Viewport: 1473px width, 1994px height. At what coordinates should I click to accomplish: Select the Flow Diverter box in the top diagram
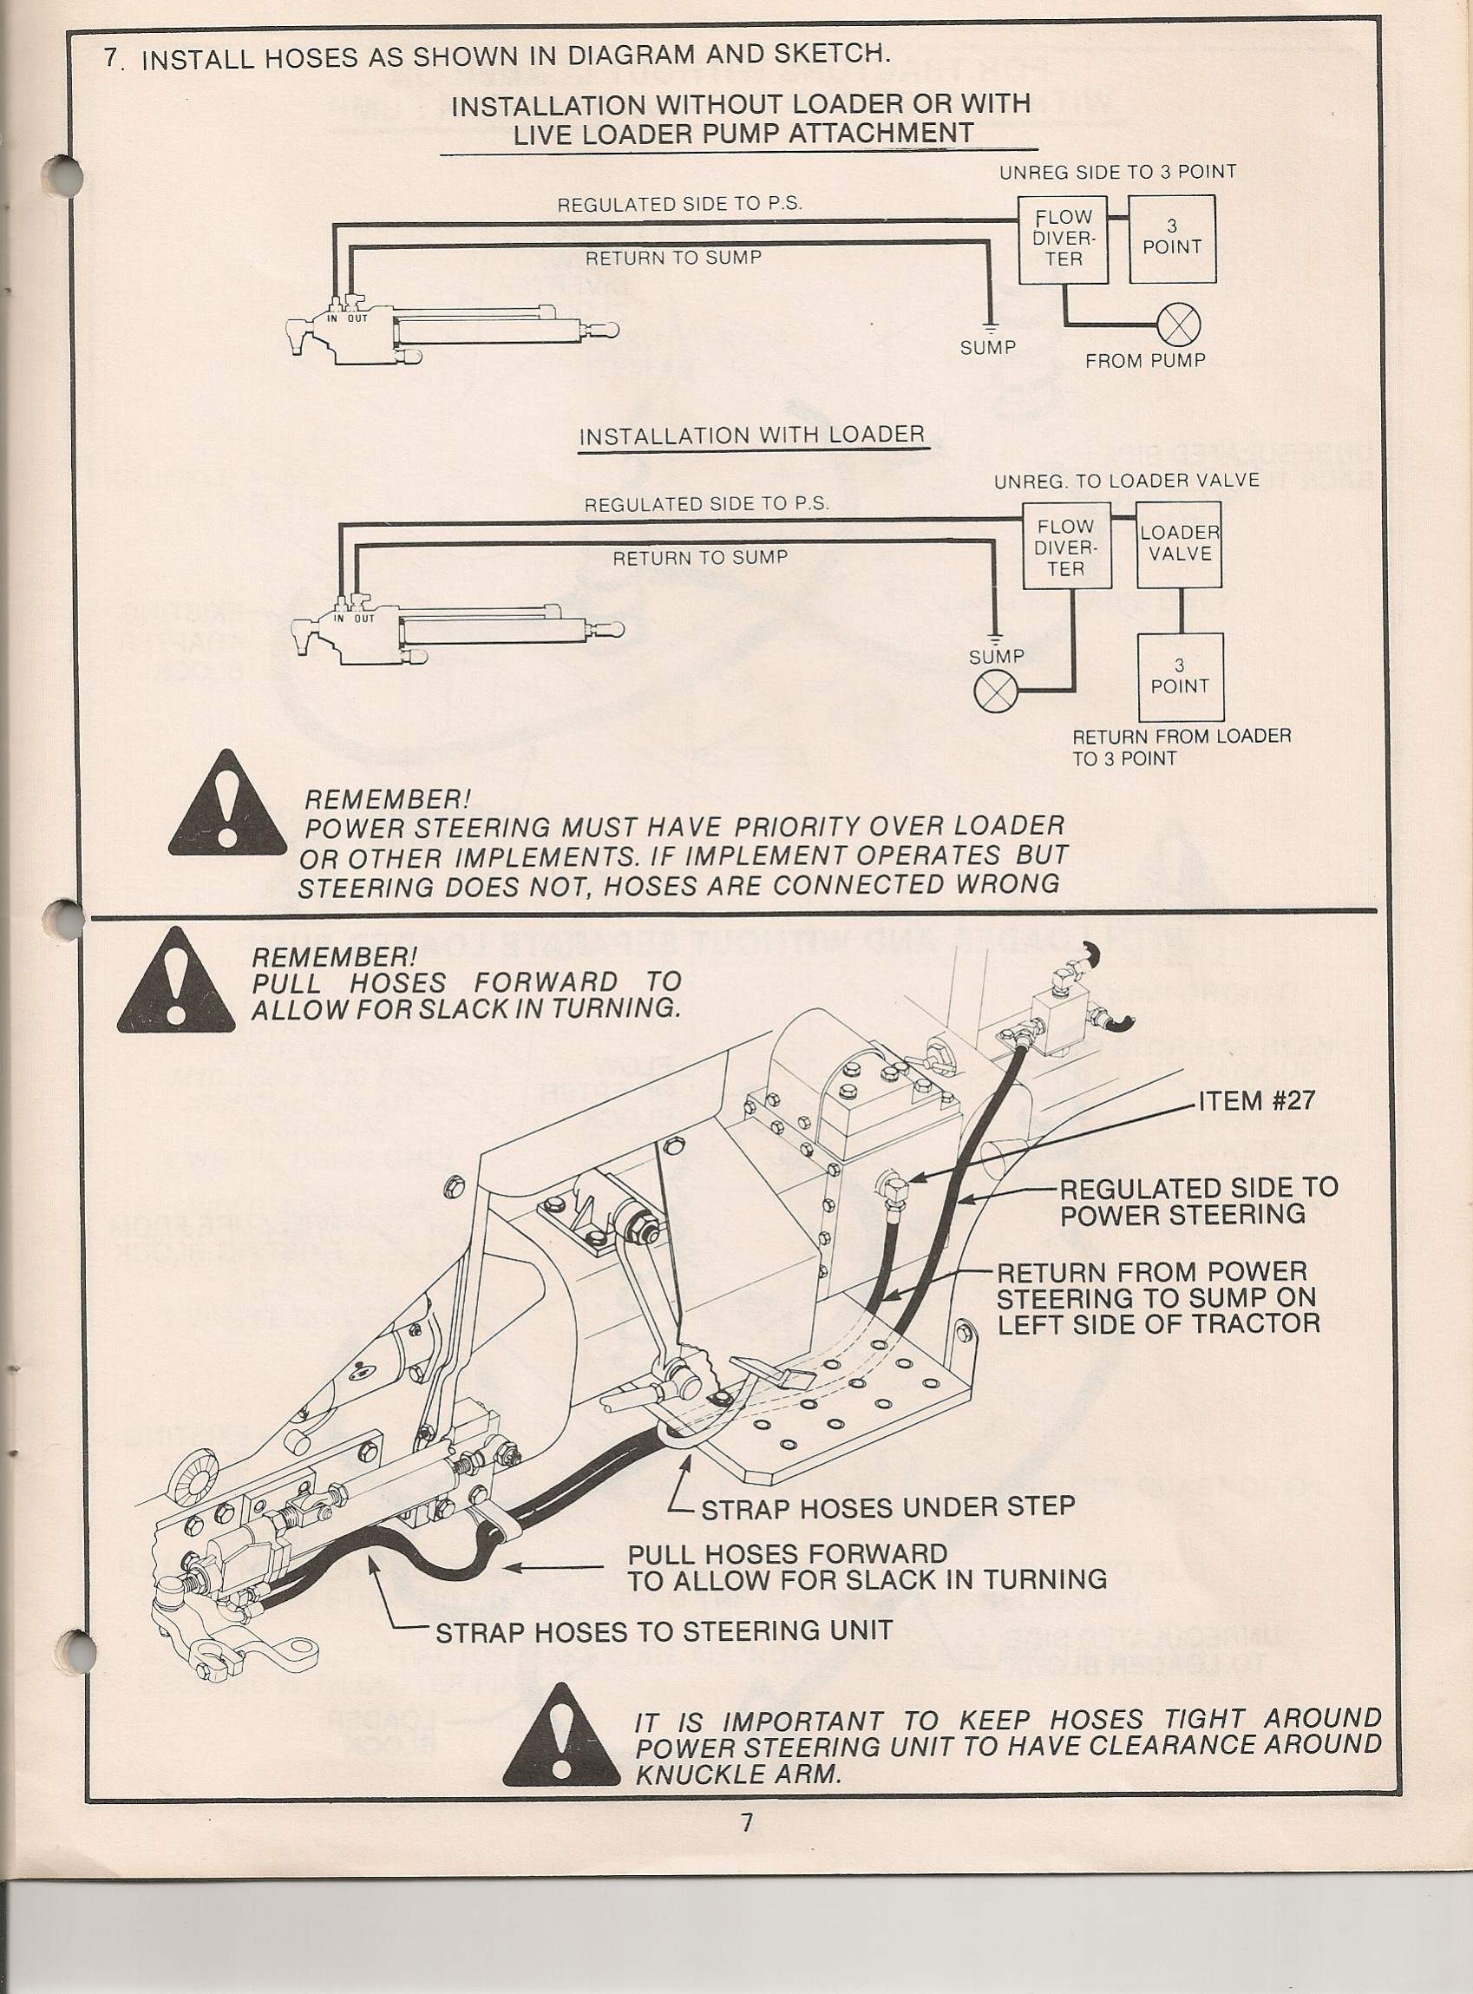[x=1064, y=238]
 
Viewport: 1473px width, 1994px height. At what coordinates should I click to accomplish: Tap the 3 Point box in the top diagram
[x=1172, y=238]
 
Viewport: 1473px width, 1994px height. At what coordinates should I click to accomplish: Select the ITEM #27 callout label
[x=1256, y=1100]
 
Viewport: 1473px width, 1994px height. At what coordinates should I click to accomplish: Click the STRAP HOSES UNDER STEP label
[x=887, y=1507]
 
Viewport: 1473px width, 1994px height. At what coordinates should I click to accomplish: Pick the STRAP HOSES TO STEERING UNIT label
[x=664, y=1632]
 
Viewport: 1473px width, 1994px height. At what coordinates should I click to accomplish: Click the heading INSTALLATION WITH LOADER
[x=751, y=436]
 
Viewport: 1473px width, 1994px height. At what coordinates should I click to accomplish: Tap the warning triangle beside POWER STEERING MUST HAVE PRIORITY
[x=227, y=805]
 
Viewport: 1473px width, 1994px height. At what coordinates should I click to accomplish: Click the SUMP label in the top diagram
[x=987, y=348]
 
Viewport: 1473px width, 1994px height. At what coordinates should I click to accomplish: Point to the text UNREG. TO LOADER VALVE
[x=1126, y=481]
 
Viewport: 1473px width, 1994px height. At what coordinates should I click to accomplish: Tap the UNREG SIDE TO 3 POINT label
[x=1117, y=172]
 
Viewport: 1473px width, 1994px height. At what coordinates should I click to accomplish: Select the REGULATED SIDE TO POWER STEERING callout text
[x=1197, y=1199]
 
